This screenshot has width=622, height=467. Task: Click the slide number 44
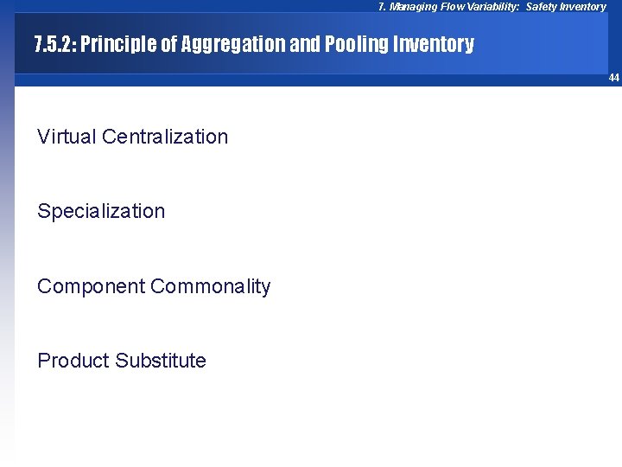(x=613, y=78)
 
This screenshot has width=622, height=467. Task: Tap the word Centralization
(x=165, y=137)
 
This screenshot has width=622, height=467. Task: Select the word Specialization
(x=101, y=211)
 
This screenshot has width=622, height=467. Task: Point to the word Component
(x=91, y=286)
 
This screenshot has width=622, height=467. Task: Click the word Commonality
(x=211, y=286)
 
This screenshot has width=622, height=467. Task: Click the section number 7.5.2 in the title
(x=54, y=45)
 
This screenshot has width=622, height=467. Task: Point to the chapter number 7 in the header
(x=382, y=7)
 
